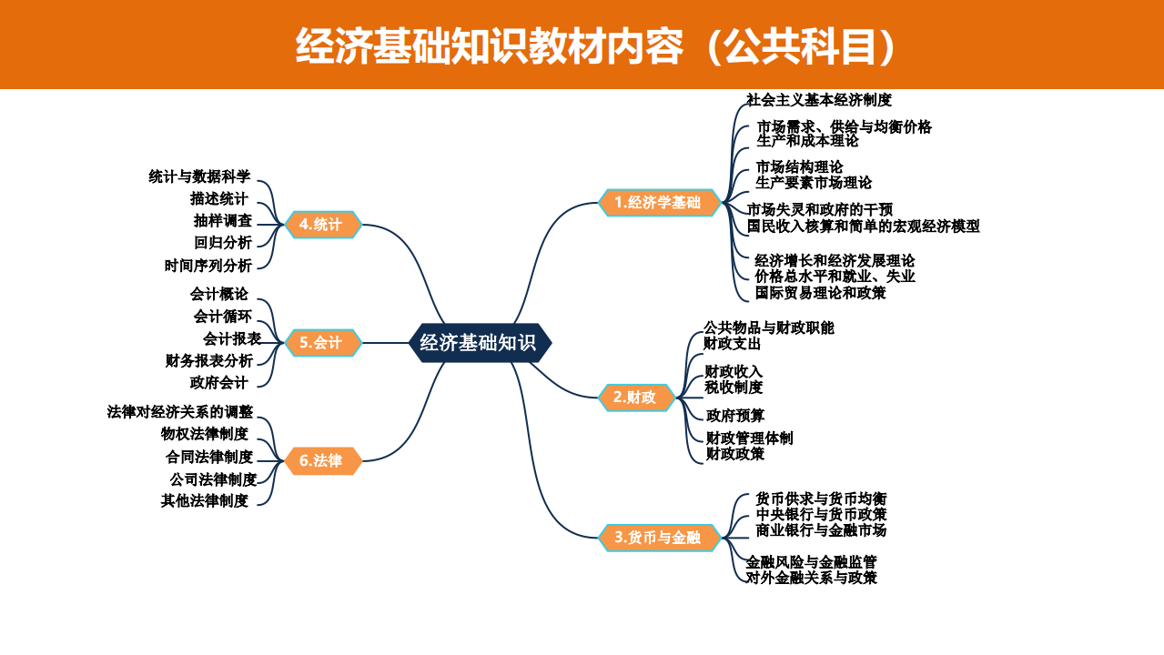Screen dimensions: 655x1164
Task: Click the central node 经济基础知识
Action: click(x=479, y=343)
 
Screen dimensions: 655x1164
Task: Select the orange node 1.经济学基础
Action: click(x=659, y=202)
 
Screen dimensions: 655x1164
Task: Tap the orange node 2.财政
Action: click(x=636, y=398)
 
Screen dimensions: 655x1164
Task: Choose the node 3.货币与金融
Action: click(x=659, y=538)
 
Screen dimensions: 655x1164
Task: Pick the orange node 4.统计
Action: click(x=323, y=224)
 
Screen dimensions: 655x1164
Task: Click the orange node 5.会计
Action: click(x=323, y=342)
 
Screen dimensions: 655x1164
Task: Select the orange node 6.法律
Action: click(x=323, y=461)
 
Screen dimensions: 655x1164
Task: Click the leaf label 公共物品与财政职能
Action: click(x=769, y=327)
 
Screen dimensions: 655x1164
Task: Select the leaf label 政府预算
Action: click(x=735, y=416)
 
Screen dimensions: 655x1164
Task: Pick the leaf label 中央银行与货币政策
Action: click(x=821, y=515)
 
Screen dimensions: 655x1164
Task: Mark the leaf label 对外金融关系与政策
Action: click(x=812, y=578)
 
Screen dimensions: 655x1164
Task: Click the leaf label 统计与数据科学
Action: click(x=199, y=176)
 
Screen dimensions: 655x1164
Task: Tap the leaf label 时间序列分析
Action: click(x=208, y=266)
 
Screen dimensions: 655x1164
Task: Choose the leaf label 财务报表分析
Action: click(x=209, y=360)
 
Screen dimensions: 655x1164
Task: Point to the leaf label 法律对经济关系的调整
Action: click(x=180, y=411)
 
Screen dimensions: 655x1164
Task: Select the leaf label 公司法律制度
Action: click(x=213, y=479)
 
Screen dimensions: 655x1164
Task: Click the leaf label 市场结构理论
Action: click(x=799, y=167)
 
